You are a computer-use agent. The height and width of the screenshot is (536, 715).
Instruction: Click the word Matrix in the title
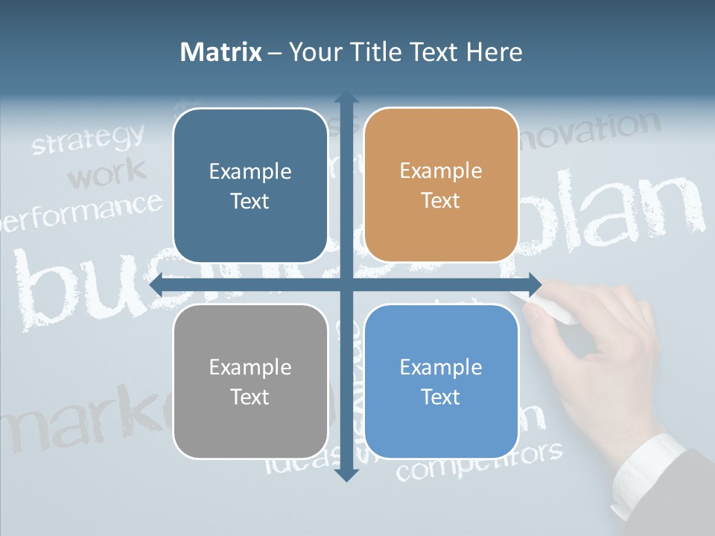pyautogui.click(x=221, y=52)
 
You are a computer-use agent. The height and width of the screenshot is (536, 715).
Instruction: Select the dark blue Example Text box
pyautogui.click(x=250, y=185)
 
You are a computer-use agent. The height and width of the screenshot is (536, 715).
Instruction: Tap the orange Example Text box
pyautogui.click(x=441, y=185)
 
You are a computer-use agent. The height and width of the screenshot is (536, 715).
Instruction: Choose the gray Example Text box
pyautogui.click(x=250, y=381)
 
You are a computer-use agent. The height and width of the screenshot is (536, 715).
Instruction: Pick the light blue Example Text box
pyautogui.click(x=441, y=381)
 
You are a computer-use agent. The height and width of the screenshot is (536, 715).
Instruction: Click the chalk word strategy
pyautogui.click(x=89, y=139)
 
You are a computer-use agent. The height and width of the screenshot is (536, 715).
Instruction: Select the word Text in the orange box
pyautogui.click(x=441, y=201)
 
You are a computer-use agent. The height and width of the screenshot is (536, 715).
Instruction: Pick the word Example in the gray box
pyautogui.click(x=250, y=367)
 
